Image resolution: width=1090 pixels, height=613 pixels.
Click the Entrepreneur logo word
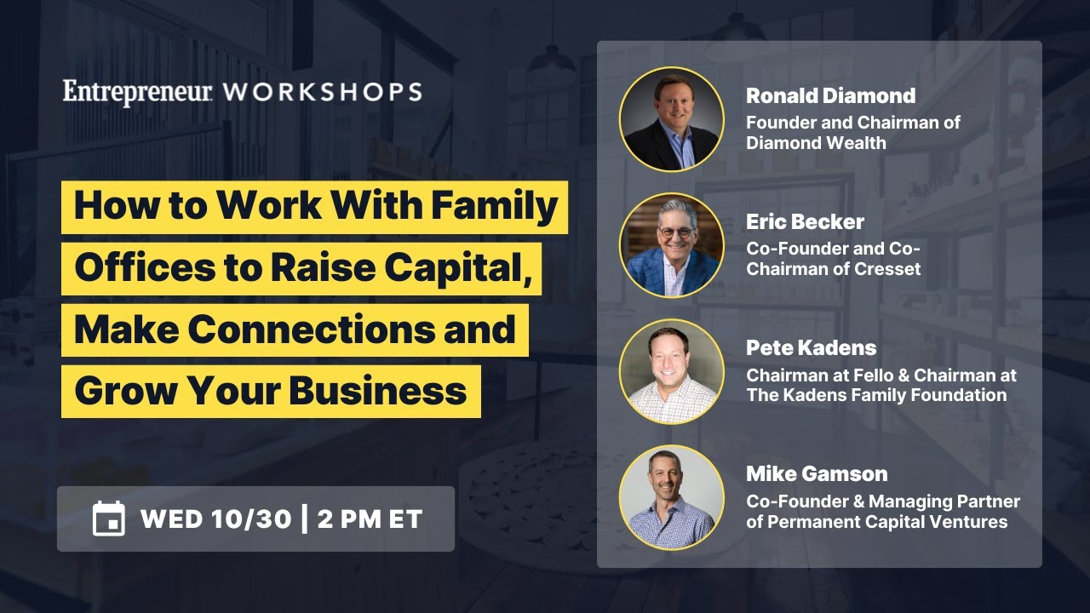137,92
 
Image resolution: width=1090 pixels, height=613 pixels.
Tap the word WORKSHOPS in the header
323,92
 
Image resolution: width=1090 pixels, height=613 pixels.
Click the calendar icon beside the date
108,518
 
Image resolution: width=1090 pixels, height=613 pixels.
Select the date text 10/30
252,518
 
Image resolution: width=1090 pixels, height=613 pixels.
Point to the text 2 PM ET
370,518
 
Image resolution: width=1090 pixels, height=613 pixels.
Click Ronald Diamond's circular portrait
671,119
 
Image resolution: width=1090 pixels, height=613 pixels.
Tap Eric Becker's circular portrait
671,245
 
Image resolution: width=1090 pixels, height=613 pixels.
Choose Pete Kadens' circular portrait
671,371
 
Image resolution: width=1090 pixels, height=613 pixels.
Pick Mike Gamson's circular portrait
671,497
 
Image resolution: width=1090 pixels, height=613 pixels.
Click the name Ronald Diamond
830,95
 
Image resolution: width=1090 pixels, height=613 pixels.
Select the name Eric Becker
805,221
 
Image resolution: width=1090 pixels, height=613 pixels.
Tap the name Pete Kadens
811,347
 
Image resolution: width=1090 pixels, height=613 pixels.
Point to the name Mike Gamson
817,473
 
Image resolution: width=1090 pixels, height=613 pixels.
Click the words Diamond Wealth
816,143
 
